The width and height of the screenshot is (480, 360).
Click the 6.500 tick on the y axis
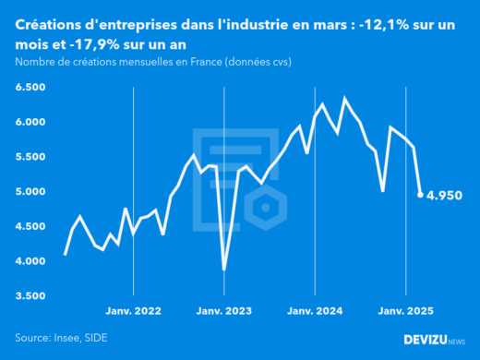click(x=30, y=87)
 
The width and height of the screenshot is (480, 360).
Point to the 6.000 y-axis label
click(x=30, y=122)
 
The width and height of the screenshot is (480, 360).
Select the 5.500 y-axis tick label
click(x=30, y=157)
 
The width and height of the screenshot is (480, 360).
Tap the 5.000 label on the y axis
click(x=30, y=192)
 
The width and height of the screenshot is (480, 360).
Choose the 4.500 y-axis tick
click(x=30, y=226)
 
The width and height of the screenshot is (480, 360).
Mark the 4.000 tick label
click(x=30, y=261)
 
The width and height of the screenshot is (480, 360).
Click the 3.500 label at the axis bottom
click(x=30, y=296)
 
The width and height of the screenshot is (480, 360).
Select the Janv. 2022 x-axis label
click(x=134, y=313)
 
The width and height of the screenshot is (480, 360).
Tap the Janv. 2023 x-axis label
click(x=224, y=313)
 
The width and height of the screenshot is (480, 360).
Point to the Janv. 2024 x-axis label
click(x=315, y=313)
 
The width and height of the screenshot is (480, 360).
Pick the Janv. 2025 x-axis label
click(x=405, y=313)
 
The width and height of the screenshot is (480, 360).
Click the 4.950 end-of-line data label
click(x=445, y=196)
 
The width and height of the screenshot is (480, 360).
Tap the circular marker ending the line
click(x=421, y=195)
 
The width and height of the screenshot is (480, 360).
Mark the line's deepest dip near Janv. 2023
click(x=224, y=270)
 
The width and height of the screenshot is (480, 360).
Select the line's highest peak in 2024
click(x=345, y=98)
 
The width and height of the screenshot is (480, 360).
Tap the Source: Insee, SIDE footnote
click(x=58, y=339)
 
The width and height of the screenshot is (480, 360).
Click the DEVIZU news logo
click(x=434, y=340)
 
